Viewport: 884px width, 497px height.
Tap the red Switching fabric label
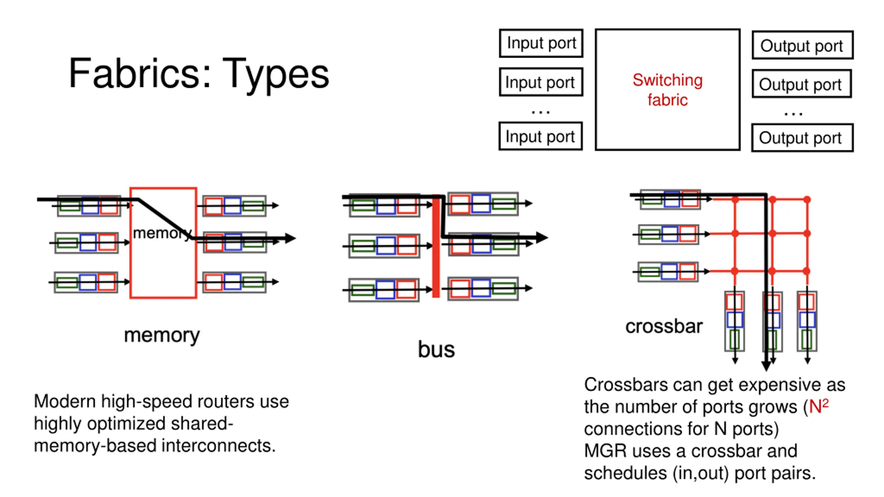click(x=667, y=90)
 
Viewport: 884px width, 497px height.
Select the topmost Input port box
click(x=541, y=43)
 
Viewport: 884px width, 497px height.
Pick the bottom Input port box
click(x=540, y=136)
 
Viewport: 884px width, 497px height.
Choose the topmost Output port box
click(x=802, y=45)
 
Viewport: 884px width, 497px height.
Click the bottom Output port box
click(x=802, y=138)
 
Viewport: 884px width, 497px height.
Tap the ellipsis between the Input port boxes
click(x=540, y=112)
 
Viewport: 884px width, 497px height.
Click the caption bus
click(x=436, y=349)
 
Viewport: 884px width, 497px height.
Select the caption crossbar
click(x=664, y=326)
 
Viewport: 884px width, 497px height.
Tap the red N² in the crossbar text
click(x=819, y=406)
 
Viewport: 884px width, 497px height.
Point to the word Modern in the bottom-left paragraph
click(x=65, y=401)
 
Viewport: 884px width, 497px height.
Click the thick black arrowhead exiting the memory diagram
click(x=290, y=238)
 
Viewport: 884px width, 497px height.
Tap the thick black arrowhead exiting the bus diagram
click(x=541, y=237)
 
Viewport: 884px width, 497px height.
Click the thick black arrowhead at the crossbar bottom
click(x=766, y=366)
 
